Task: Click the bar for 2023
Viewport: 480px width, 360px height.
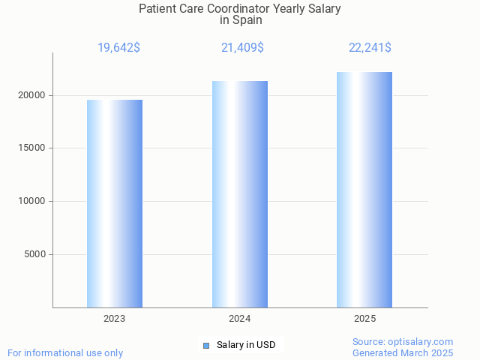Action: [x=115, y=203]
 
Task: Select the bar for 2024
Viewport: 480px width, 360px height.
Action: [x=240, y=194]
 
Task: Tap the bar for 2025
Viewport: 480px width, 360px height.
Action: [x=364, y=190]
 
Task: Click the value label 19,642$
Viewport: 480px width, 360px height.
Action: [x=118, y=48]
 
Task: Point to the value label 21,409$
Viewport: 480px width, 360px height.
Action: [x=242, y=48]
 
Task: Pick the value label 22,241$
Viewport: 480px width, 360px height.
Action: [x=370, y=48]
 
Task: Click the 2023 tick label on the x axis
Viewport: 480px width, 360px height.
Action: [x=115, y=319]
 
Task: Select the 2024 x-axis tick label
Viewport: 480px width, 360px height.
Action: [x=240, y=319]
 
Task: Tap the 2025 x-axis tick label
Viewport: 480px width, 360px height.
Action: [x=364, y=319]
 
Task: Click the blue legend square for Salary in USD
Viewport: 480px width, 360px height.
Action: [x=206, y=345]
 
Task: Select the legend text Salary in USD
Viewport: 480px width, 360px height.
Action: [x=246, y=345]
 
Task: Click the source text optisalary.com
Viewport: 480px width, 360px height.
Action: [x=424, y=341]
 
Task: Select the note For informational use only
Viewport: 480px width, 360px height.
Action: [x=65, y=352]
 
